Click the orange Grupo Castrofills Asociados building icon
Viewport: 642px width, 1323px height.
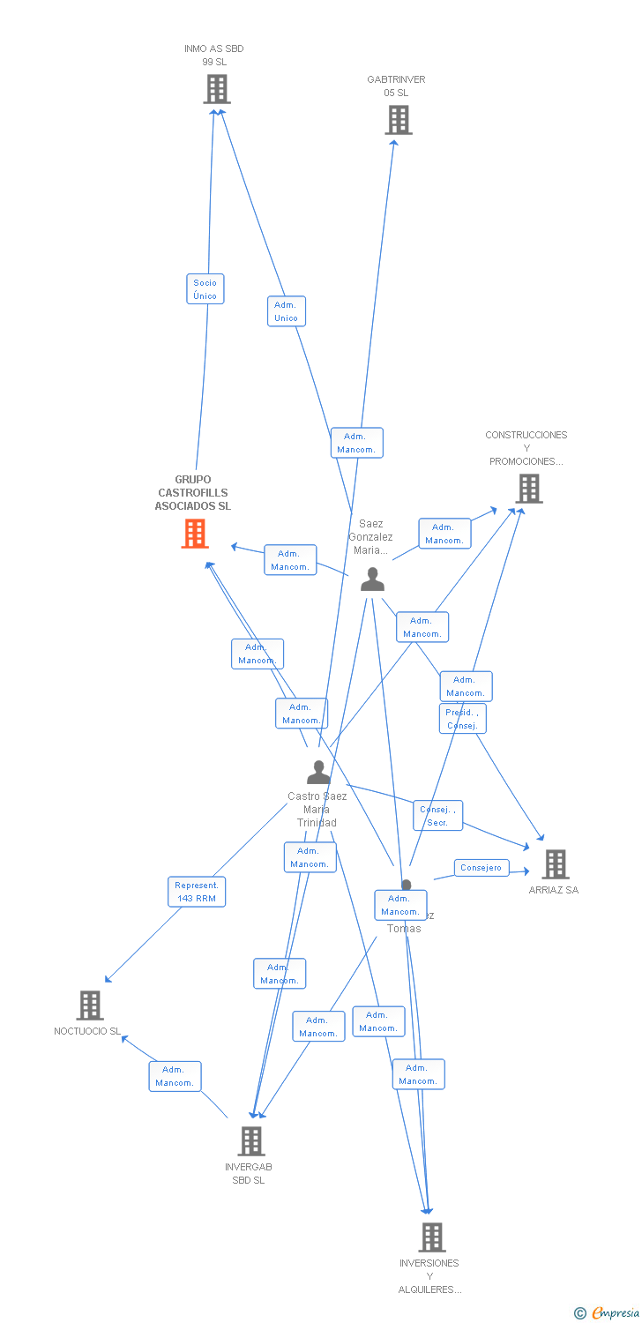tap(195, 534)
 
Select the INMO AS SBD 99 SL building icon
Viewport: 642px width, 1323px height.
tap(217, 89)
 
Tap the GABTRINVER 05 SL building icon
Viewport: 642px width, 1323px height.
tap(399, 120)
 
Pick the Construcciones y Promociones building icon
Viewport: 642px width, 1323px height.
tap(529, 489)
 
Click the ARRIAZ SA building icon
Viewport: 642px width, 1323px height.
tap(555, 864)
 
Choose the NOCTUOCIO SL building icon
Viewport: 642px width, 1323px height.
tap(90, 1005)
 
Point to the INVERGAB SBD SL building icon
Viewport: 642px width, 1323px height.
tap(251, 1141)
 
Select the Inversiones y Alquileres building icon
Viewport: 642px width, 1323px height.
tap(432, 1237)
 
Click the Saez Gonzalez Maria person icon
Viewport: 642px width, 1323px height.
tap(373, 579)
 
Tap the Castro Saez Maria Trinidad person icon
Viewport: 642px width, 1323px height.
tap(318, 773)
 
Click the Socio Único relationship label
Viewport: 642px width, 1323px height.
tap(205, 289)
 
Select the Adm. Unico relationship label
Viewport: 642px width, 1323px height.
tap(286, 311)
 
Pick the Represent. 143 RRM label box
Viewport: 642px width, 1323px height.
tap(197, 892)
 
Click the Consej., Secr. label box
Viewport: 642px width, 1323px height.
tap(437, 816)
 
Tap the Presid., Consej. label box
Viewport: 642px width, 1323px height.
tap(462, 719)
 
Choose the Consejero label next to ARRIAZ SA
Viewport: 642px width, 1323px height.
tap(481, 868)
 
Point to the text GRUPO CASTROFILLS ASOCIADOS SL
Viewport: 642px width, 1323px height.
tap(193, 493)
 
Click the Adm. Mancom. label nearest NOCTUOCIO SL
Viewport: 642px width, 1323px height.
tap(175, 1076)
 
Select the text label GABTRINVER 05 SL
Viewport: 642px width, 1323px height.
tap(396, 86)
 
